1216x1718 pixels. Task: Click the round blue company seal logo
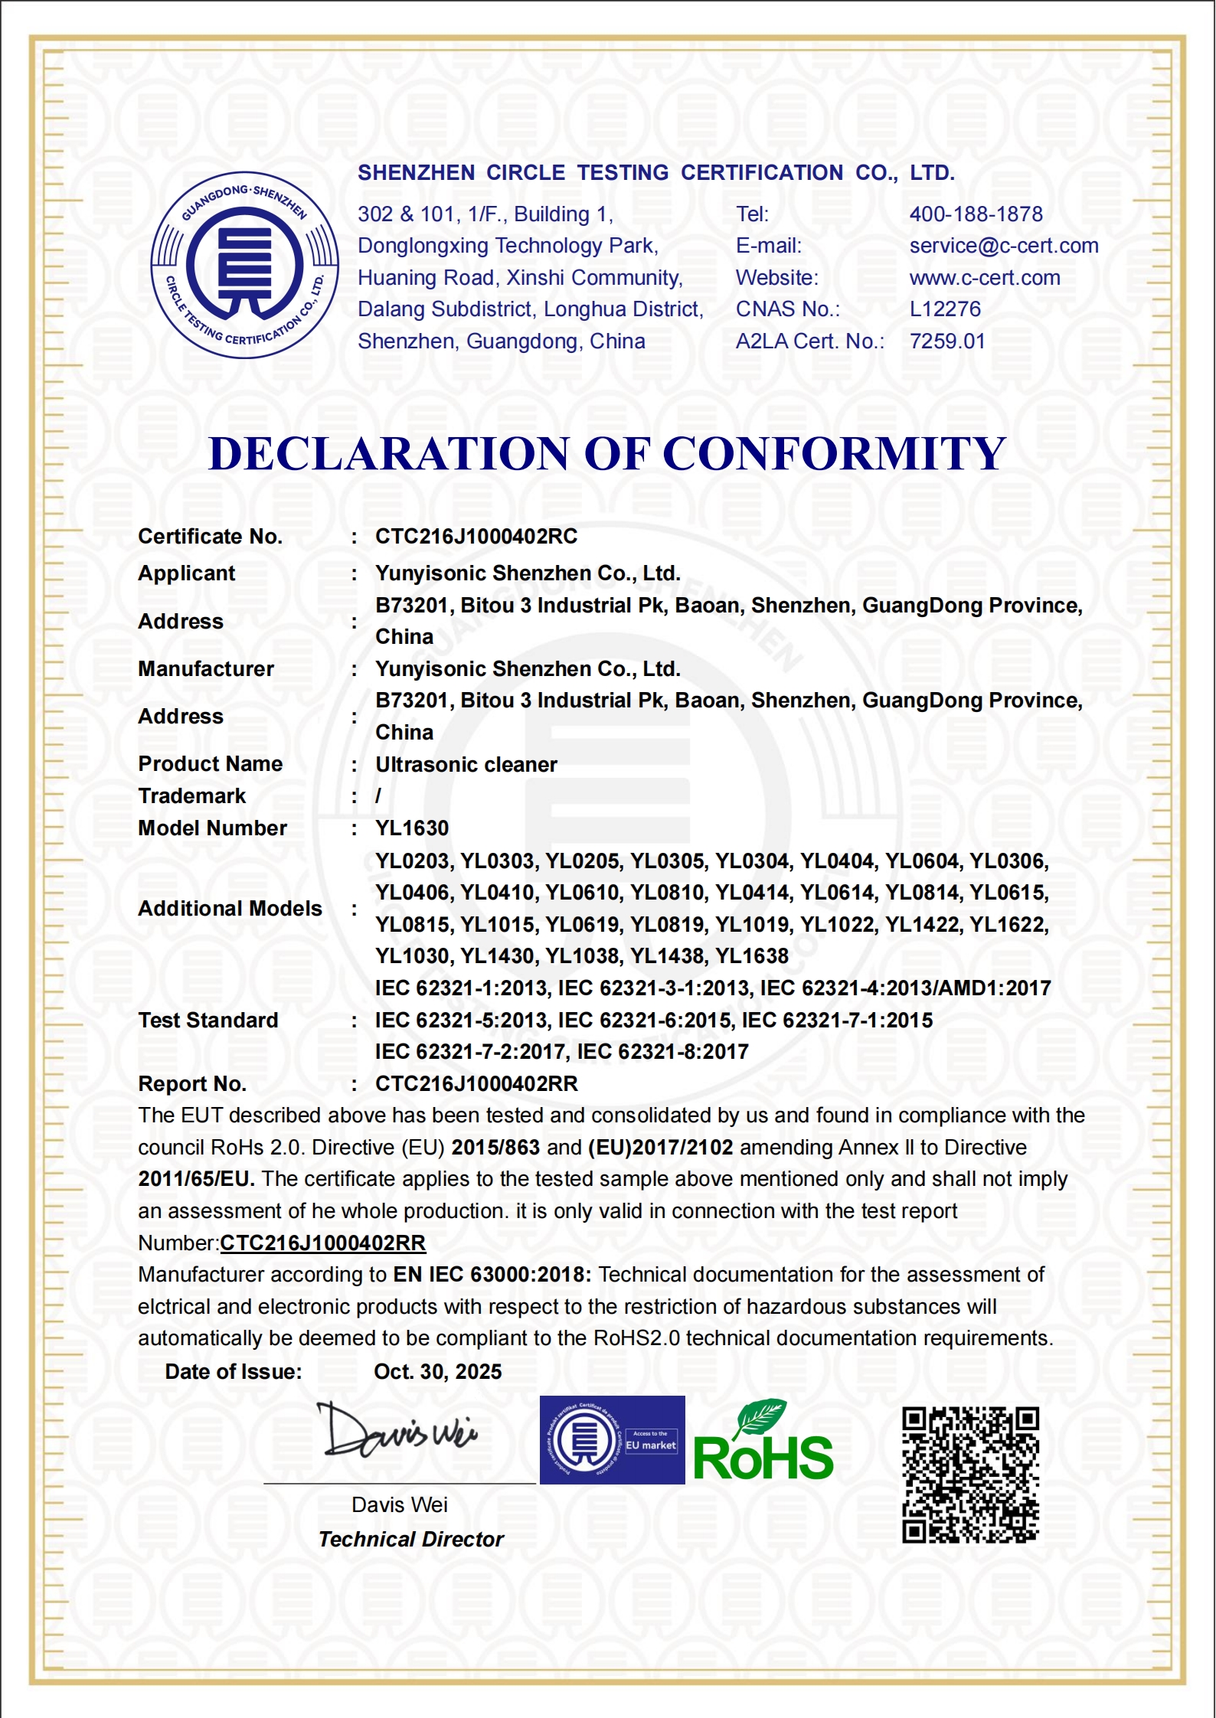tap(244, 265)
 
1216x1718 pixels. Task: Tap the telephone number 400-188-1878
tap(976, 214)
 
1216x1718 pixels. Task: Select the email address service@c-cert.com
tap(1003, 246)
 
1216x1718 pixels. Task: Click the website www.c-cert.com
tap(985, 278)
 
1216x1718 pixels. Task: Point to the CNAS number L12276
tap(945, 309)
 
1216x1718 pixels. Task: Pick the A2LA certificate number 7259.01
tap(947, 341)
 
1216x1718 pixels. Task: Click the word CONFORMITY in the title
tap(834, 453)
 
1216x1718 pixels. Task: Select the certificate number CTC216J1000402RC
tap(476, 537)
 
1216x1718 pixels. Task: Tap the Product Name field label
tap(211, 764)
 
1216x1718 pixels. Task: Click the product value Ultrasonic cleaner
tap(466, 765)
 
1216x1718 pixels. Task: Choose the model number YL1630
tap(412, 828)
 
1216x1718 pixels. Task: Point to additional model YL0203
tap(412, 861)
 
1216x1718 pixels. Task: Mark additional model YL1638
tap(751, 956)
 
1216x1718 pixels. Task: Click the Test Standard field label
tap(208, 1021)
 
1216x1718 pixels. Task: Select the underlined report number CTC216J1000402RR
tap(322, 1243)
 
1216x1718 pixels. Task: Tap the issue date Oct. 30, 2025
tap(437, 1372)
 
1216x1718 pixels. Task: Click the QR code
tap(970, 1475)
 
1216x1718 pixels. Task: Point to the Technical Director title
tap(411, 1540)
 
